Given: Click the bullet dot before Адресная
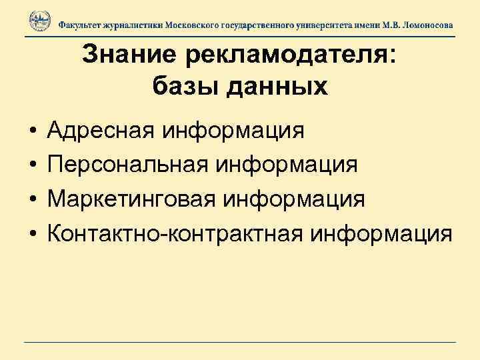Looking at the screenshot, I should coord(33,131).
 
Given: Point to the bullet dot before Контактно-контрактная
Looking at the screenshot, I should coord(33,235).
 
